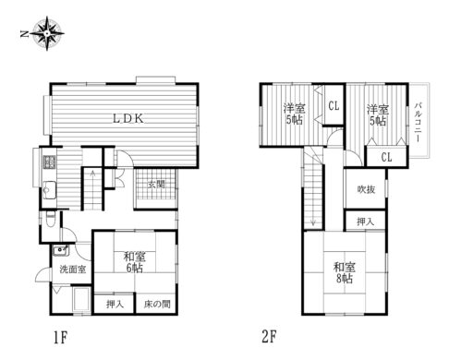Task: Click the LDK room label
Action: [x=127, y=118]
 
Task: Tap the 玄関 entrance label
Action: [x=155, y=184]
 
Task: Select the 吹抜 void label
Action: [x=366, y=189]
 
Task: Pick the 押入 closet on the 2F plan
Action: [x=366, y=222]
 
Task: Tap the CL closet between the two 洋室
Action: [x=334, y=106]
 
